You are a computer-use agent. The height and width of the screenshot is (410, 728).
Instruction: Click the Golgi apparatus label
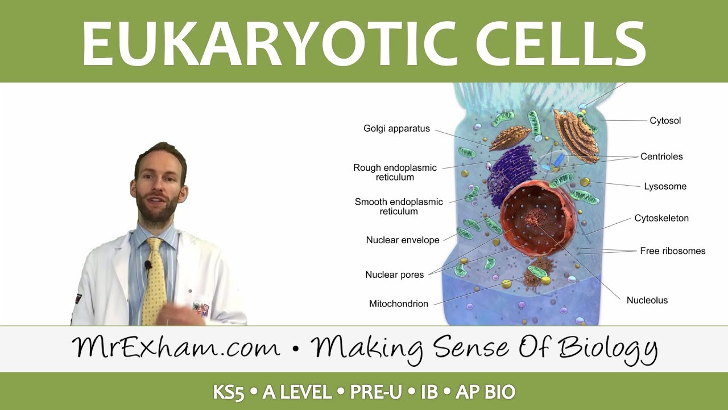[x=396, y=129]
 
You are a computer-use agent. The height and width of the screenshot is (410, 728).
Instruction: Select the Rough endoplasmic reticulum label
[x=395, y=172]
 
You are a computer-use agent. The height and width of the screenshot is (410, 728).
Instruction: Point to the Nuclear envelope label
[x=403, y=240]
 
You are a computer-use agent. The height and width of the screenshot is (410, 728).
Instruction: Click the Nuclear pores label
[x=394, y=274]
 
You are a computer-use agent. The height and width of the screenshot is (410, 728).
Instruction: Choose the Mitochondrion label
[x=398, y=304]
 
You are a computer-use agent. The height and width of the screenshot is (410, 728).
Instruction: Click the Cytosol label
[x=665, y=121]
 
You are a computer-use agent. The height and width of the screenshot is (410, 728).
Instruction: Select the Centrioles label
[x=661, y=157]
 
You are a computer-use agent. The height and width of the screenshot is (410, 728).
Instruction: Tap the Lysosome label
[x=665, y=186]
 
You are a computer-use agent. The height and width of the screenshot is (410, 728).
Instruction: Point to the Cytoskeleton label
[x=661, y=218]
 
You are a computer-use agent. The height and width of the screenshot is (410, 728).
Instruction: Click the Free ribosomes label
[x=672, y=251]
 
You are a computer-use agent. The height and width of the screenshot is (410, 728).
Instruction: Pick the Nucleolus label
[x=647, y=300]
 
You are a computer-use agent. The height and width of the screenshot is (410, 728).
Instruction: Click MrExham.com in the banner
[x=176, y=347]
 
